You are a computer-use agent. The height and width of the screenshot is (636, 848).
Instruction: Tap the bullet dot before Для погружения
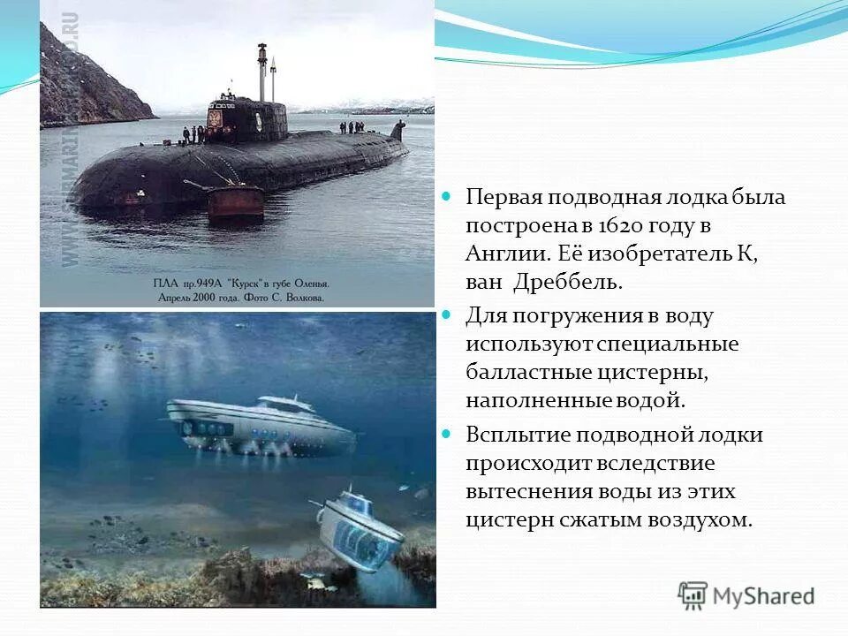[x=447, y=314]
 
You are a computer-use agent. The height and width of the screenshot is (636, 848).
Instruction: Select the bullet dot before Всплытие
[x=447, y=435]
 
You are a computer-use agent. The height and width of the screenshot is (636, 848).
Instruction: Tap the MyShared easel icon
[x=693, y=596]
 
